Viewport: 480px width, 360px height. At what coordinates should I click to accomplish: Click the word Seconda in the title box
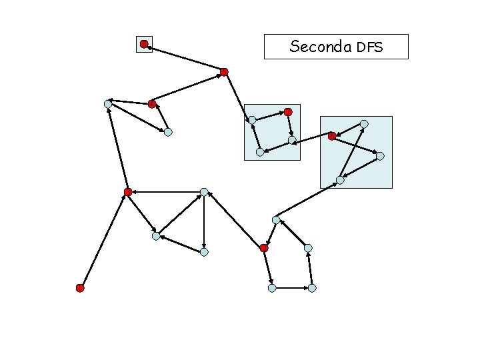[321, 47]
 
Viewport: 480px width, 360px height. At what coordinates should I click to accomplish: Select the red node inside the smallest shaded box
[144, 44]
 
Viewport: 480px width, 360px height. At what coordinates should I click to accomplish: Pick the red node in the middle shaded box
[288, 111]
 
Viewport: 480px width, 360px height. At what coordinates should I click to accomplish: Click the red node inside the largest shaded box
[332, 136]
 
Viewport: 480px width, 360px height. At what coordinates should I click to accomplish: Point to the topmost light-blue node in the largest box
[364, 124]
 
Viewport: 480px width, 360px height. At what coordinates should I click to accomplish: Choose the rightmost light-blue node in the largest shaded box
[380, 156]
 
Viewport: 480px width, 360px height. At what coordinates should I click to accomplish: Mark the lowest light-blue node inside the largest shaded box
[340, 180]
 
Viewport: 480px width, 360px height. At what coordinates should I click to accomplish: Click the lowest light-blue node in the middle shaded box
[260, 152]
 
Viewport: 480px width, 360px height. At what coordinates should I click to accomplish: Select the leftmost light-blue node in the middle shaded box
[252, 120]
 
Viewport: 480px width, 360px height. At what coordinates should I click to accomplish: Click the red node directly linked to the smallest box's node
[224, 71]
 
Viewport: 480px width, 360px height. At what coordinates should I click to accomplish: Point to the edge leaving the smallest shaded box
[184, 58]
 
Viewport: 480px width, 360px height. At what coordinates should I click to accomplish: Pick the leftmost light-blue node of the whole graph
[108, 104]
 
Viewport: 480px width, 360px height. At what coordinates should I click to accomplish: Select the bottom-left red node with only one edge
[80, 288]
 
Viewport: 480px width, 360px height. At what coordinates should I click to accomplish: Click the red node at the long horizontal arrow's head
[128, 192]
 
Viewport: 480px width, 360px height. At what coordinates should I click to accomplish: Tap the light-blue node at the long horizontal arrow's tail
[204, 192]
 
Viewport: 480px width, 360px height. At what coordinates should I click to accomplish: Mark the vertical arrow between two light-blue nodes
[204, 222]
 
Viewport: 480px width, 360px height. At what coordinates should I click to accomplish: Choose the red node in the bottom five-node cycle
[264, 248]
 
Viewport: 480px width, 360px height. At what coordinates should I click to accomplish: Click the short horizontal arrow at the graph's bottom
[292, 288]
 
